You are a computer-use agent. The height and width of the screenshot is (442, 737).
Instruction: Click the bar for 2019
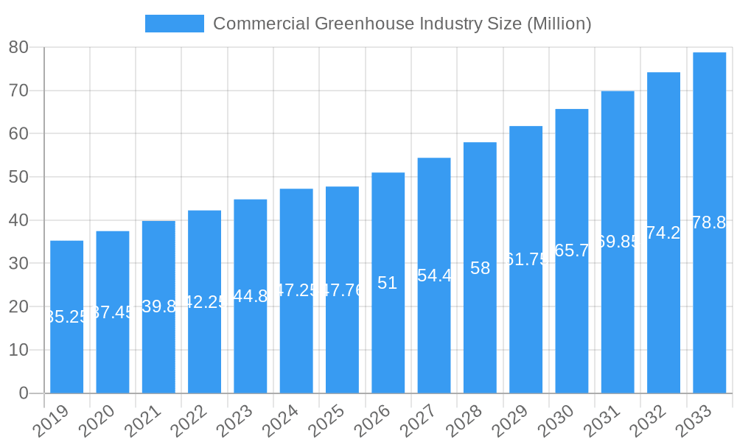click(x=66, y=317)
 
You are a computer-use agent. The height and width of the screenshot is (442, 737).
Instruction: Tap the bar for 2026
click(x=388, y=283)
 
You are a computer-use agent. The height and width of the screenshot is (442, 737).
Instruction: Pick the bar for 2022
click(x=204, y=301)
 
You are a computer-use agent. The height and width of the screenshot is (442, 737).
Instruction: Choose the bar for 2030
click(x=571, y=250)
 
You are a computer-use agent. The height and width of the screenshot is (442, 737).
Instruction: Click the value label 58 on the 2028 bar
click(x=480, y=268)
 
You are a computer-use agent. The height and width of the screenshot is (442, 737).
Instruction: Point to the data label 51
click(x=388, y=283)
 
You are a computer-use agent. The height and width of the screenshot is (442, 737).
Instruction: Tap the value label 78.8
click(x=709, y=222)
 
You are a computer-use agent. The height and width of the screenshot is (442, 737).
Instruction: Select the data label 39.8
click(x=158, y=306)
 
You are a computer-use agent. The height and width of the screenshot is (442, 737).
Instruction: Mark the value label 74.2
click(x=663, y=233)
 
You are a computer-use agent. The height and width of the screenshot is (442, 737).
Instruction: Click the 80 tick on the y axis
click(x=18, y=47)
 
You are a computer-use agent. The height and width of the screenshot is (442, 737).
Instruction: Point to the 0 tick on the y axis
click(x=23, y=393)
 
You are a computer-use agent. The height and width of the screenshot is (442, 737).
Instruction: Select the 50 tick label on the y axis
click(x=18, y=177)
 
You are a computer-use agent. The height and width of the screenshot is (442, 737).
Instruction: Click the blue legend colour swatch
click(x=174, y=24)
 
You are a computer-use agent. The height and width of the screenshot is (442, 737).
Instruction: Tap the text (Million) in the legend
click(x=559, y=24)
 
